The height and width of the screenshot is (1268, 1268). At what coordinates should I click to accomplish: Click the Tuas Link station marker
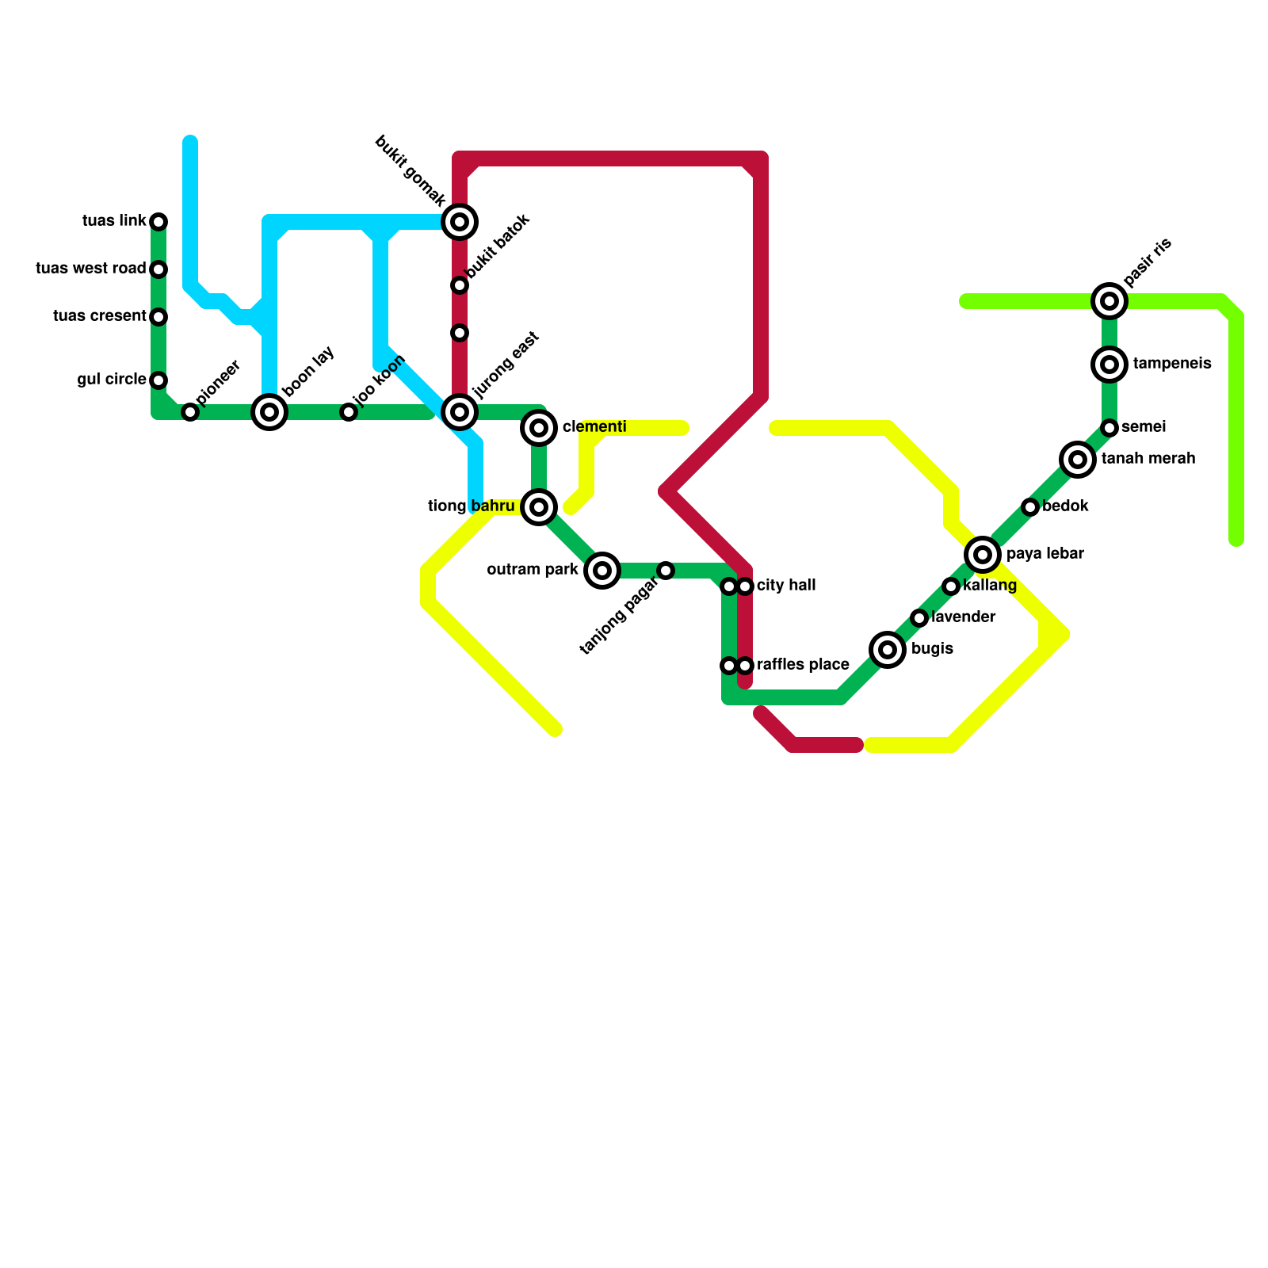click(158, 221)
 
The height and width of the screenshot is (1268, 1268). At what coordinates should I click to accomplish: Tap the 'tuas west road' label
click(91, 269)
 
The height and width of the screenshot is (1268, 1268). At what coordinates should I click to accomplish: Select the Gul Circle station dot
click(158, 380)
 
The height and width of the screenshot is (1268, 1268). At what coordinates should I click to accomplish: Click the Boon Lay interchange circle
click(269, 412)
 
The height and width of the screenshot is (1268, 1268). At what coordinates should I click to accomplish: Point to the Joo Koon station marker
click(349, 412)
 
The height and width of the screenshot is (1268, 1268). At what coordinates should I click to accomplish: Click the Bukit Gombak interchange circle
click(460, 222)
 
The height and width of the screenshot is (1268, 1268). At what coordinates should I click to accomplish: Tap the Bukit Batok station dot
click(460, 285)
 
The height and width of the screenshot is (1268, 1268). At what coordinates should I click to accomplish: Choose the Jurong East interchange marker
click(460, 412)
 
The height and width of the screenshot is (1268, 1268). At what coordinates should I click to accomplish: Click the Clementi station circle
click(539, 428)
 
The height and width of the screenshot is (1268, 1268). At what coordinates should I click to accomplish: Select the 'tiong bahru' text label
click(472, 506)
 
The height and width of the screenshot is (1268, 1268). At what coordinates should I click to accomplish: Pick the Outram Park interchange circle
click(602, 571)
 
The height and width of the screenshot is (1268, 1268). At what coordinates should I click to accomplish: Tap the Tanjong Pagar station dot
click(666, 571)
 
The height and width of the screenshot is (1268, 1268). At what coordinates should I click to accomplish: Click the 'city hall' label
click(786, 586)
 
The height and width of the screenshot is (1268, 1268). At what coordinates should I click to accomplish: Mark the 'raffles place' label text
click(803, 665)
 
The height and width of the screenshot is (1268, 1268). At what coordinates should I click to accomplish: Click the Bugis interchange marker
click(888, 650)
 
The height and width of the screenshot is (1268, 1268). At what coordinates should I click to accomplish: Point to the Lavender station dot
click(919, 618)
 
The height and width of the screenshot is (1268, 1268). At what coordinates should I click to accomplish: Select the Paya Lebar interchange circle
click(983, 555)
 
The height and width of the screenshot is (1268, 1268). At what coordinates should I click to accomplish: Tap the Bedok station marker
click(1030, 507)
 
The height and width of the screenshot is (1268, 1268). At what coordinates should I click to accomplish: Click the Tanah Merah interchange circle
click(1078, 460)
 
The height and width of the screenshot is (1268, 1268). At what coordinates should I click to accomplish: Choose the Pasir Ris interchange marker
click(1109, 301)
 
